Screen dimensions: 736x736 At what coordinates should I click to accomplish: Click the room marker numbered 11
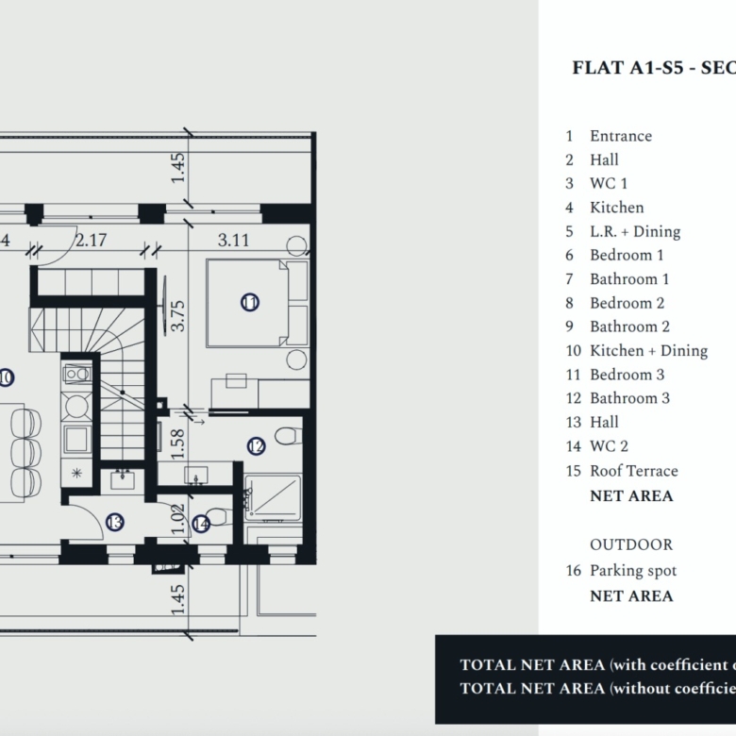pos(250,303)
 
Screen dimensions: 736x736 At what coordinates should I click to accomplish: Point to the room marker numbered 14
pos(200,523)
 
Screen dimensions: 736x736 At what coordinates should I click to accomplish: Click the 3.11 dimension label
pos(233,240)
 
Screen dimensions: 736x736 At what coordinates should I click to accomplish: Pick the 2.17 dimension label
pos(91,240)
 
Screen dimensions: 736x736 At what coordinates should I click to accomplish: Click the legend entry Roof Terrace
pos(633,471)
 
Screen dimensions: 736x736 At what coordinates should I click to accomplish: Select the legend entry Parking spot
pos(632,571)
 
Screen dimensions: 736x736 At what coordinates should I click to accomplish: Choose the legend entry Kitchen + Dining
pos(648,351)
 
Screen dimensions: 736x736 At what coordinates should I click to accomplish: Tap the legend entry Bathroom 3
pos(629,398)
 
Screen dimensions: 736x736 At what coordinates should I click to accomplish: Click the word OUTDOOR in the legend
pos(631,545)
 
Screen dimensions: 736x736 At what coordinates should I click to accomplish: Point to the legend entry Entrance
pos(620,136)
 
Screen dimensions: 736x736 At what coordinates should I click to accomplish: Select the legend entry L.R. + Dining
pos(634,231)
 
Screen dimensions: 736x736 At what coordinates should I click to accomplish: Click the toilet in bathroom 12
pos(288,435)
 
